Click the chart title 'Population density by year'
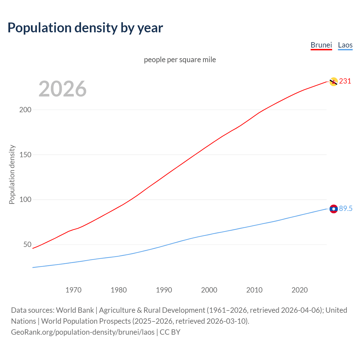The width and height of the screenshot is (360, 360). tap(85, 28)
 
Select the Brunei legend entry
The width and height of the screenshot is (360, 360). tap(321, 45)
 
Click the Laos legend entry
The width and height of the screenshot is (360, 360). tap(345, 45)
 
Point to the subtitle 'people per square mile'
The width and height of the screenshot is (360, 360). tap(180, 60)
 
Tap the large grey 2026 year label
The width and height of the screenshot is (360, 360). tap(62, 89)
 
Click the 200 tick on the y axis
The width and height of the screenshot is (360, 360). tap(25, 110)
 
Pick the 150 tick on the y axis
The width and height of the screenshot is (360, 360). tap(25, 155)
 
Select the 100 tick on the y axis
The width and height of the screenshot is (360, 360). tap(25, 200)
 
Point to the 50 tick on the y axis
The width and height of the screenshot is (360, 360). tap(27, 244)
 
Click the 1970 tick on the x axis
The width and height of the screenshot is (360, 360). tap(73, 290)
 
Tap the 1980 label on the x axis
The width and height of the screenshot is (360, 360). tap(119, 290)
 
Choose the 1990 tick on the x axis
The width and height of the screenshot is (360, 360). tap(164, 290)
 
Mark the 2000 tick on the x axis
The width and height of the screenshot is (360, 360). tap(209, 290)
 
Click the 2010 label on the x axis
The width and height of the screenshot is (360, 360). tap(254, 290)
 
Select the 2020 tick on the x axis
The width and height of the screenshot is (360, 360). tap(300, 290)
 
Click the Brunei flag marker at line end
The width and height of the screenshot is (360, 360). tap(334, 82)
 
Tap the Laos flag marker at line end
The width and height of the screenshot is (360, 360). tap(334, 209)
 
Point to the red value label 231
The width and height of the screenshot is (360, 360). tap(345, 81)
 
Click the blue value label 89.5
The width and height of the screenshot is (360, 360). tap(346, 209)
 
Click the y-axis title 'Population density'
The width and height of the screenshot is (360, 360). tap(12, 174)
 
